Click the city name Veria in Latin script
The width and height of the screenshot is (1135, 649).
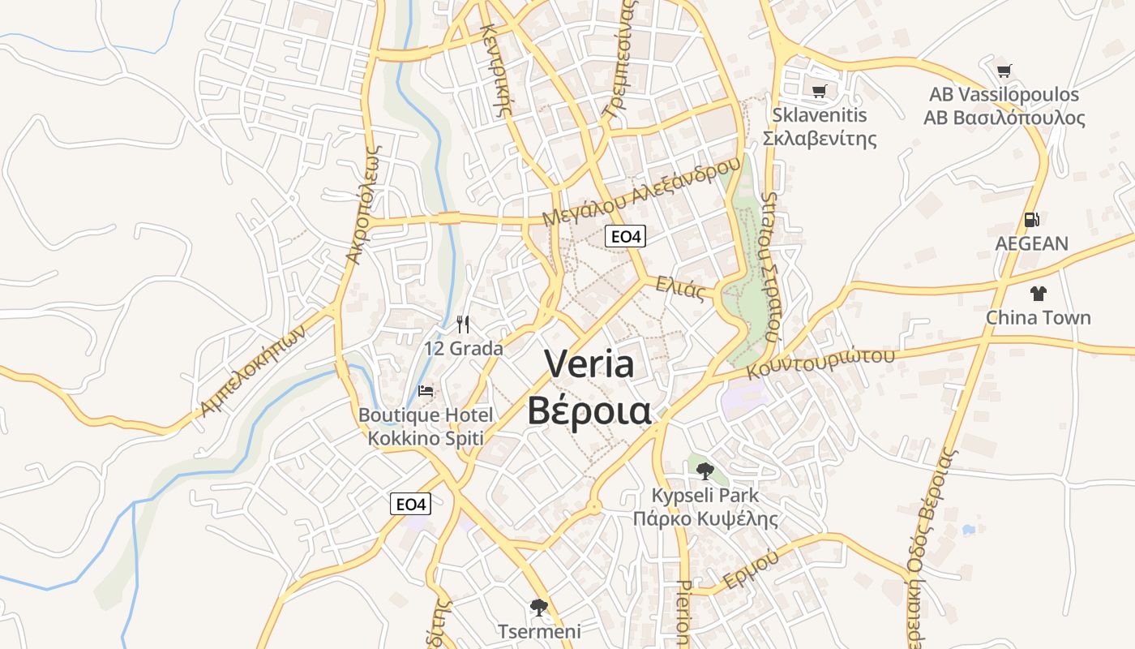click(589, 363)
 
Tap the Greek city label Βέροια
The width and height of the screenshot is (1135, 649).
click(589, 410)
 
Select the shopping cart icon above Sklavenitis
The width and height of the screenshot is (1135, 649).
click(819, 91)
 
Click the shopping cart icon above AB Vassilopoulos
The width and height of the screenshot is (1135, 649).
click(1004, 71)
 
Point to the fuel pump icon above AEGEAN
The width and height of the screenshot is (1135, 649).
click(1031, 220)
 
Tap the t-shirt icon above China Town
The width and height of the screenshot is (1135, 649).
click(1038, 294)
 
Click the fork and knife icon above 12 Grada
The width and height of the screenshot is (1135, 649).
click(463, 325)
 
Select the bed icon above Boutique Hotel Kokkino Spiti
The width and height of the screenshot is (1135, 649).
click(426, 391)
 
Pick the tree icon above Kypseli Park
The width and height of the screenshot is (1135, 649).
click(705, 471)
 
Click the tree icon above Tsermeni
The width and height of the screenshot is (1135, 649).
click(538, 608)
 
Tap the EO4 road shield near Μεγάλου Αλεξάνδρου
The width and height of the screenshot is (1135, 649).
click(626, 237)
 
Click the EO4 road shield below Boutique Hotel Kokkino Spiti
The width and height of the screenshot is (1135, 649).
click(410, 504)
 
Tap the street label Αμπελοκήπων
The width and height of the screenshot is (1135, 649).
click(255, 371)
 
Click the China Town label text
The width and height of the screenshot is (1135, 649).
click(1038, 317)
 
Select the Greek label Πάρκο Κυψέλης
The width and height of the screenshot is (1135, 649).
click(705, 519)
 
